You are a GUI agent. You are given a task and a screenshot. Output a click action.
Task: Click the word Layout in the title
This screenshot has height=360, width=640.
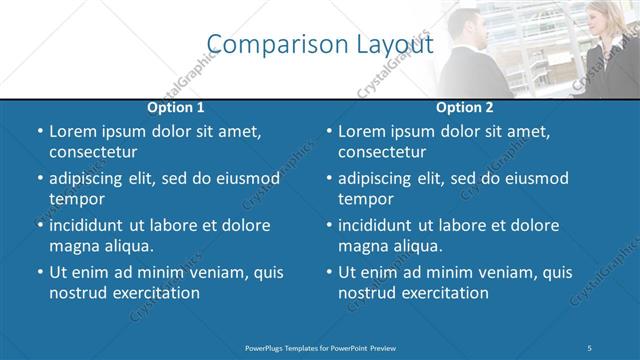(x=394, y=45)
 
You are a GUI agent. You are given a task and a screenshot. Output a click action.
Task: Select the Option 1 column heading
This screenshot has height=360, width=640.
(x=176, y=107)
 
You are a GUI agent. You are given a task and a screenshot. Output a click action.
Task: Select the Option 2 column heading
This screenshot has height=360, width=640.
(x=466, y=107)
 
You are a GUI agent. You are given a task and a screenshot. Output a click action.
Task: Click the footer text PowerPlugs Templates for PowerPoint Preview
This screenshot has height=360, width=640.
(x=320, y=347)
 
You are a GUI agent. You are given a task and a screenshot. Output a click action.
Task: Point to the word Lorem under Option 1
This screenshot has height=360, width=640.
(x=73, y=132)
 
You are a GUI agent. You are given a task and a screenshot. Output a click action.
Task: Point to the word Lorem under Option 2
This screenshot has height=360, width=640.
(x=363, y=132)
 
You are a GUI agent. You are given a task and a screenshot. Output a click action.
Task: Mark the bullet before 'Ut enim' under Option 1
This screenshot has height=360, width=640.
(x=39, y=272)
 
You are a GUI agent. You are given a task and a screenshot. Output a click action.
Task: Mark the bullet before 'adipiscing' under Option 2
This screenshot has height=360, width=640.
(x=329, y=179)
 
